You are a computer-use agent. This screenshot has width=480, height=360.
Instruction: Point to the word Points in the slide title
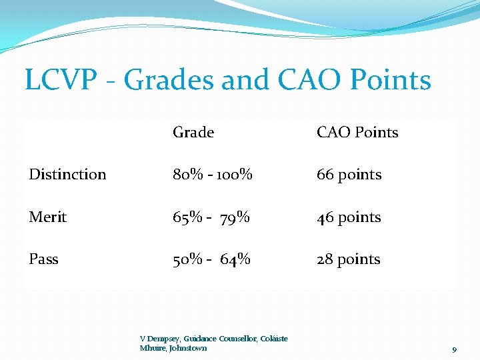click(x=391, y=81)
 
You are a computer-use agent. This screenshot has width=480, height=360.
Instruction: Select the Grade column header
click(x=193, y=133)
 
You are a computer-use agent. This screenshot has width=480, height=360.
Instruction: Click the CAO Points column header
click(x=357, y=133)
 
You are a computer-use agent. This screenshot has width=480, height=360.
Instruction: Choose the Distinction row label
click(x=67, y=175)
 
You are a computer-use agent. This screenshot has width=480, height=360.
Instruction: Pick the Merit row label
click(x=47, y=217)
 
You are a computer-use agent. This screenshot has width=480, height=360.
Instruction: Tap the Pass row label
click(x=43, y=259)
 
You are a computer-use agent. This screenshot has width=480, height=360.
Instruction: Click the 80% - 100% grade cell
click(x=212, y=175)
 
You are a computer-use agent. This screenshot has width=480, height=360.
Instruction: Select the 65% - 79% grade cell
click(x=211, y=217)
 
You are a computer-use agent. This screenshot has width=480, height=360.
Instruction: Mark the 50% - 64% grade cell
click(x=211, y=259)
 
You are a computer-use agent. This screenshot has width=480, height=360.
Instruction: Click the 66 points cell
click(x=349, y=175)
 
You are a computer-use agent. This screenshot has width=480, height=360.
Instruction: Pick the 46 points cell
click(x=349, y=217)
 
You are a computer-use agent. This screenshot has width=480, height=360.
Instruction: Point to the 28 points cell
click(x=348, y=259)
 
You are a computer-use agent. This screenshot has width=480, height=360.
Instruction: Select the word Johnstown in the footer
click(x=188, y=348)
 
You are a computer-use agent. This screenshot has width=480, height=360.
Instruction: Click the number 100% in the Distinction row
click(x=237, y=175)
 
